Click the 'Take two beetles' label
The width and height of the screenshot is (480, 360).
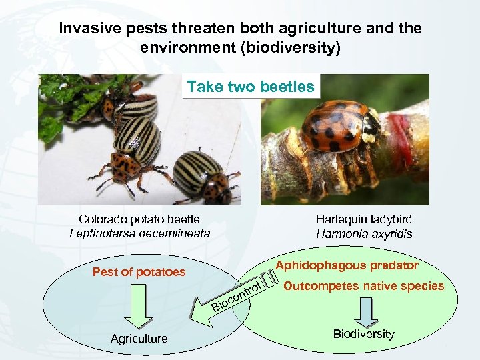pos(251,87)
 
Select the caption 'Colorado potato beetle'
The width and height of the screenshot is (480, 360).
pos(139,219)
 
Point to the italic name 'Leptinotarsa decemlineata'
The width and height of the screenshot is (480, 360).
pos(139,233)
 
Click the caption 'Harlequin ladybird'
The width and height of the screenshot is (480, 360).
pos(364,219)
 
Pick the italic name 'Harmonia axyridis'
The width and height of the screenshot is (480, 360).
pos(364,234)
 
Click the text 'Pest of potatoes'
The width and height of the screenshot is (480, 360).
pos(139,272)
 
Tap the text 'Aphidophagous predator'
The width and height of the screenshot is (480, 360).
pos(347,265)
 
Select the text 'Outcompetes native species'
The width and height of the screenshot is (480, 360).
pos(363,287)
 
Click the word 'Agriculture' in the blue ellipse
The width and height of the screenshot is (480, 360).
pos(139,339)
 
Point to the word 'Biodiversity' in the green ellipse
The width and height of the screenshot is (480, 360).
pos(364,333)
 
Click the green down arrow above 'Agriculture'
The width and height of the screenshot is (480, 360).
pos(139,304)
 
